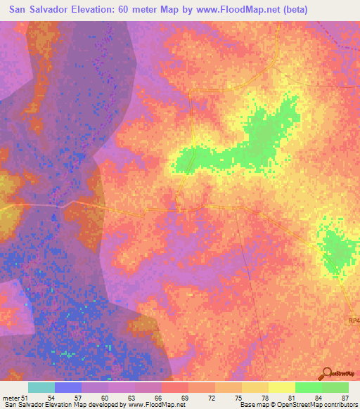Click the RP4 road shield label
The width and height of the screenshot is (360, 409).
[x=353, y=320]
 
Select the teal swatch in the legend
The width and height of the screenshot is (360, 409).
[x=41, y=387]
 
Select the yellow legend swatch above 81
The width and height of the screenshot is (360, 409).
[x=281, y=387]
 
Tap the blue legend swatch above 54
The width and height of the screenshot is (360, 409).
[x=68, y=387]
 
